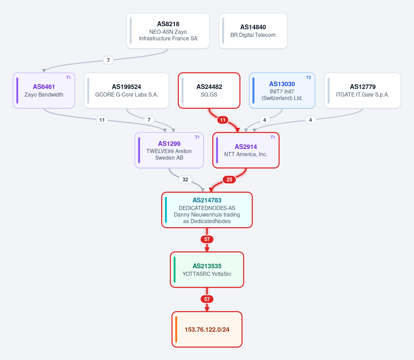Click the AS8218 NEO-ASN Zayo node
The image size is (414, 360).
point(168,31)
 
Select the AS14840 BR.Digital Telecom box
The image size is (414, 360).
point(253,31)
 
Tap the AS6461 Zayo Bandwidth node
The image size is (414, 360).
point(44,90)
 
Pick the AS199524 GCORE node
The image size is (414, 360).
point(127,90)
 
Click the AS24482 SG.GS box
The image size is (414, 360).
point(209,90)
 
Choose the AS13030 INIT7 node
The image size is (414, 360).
point(282,90)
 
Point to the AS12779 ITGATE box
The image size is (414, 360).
point(363,90)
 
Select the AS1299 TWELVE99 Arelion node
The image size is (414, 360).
point(169,150)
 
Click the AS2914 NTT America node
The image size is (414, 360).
point(246,150)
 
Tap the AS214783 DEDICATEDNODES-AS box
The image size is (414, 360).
point(207,210)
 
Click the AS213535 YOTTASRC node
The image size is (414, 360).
point(207,270)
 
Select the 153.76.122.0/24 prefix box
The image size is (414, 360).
point(207,329)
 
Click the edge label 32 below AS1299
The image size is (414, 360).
point(185,180)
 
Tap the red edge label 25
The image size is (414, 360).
point(229,180)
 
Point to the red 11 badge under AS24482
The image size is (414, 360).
point(223,120)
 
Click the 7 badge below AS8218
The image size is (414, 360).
point(108,60)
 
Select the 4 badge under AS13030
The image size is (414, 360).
point(265,120)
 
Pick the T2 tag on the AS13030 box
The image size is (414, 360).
point(308,78)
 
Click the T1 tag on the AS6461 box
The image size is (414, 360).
point(68,78)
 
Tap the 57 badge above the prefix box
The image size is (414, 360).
point(207,299)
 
